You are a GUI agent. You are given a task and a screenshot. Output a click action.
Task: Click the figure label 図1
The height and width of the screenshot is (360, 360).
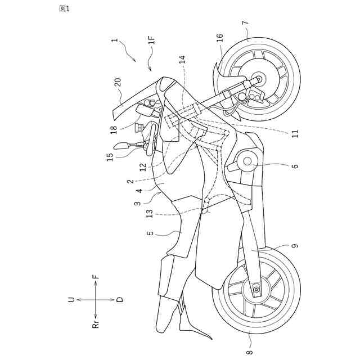click(x=64, y=8)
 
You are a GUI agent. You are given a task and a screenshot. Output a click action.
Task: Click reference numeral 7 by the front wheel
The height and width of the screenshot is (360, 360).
click(x=245, y=24)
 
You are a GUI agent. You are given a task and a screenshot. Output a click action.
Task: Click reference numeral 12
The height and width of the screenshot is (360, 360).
click(x=143, y=166)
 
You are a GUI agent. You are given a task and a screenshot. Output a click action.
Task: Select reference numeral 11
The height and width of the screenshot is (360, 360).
click(x=295, y=133)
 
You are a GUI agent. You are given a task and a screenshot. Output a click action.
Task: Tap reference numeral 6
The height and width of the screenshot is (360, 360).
click(x=295, y=166)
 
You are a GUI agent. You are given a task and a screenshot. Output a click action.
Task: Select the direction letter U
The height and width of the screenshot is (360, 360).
click(x=71, y=300)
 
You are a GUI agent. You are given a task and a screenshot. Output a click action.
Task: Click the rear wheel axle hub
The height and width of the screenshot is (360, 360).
click(x=257, y=290)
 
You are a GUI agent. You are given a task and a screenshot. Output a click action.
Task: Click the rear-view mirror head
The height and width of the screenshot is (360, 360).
click(x=120, y=145)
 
